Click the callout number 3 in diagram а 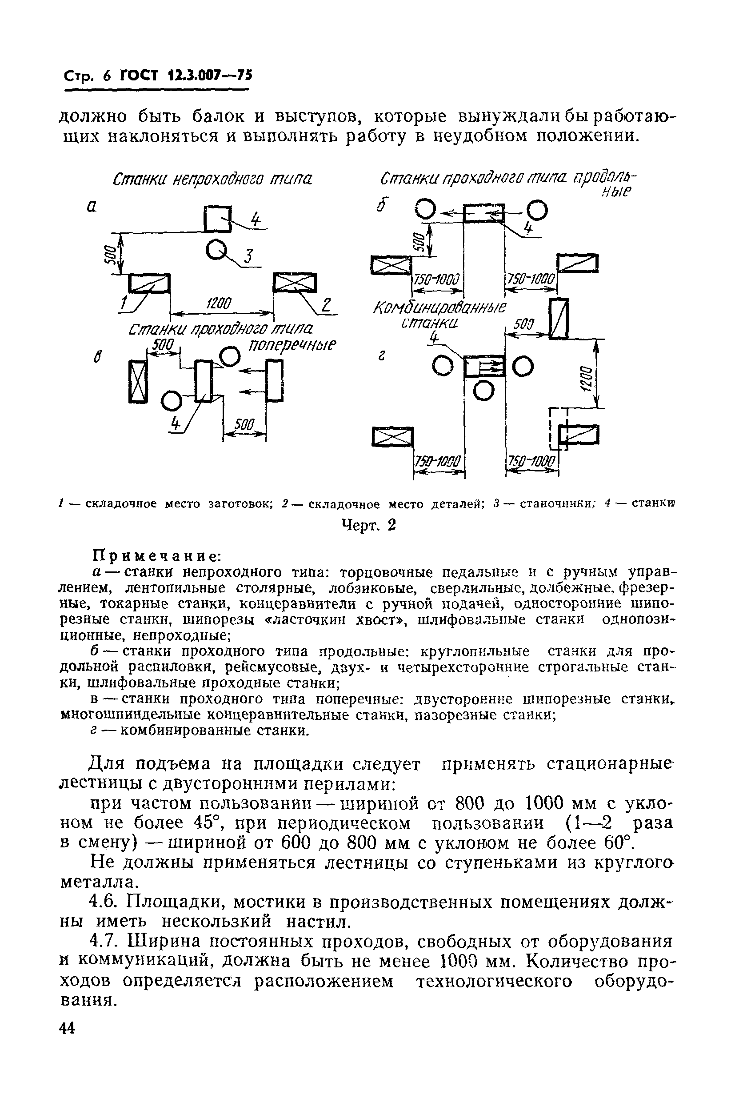pyautogui.click(x=249, y=256)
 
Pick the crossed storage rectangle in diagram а pyautogui.click(x=295, y=283)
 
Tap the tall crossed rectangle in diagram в pyautogui.click(x=138, y=381)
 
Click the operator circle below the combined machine pyautogui.click(x=483, y=390)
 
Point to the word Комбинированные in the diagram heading pyautogui.click(x=439, y=308)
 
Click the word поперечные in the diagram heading pyautogui.click(x=292, y=345)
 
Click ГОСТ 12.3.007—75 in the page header pyautogui.click(x=186, y=75)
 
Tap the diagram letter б pyautogui.click(x=380, y=206)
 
